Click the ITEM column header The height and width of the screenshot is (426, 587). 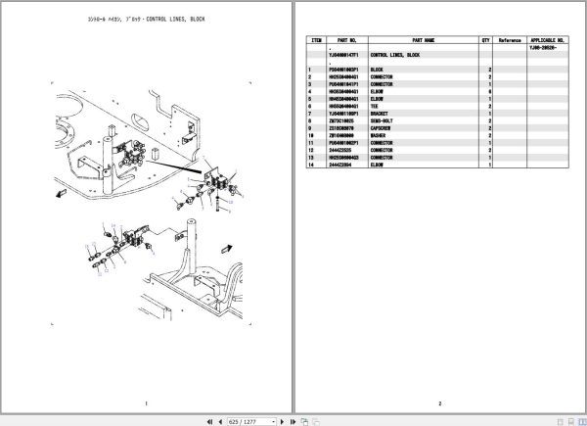(x=316, y=40)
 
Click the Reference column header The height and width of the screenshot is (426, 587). (x=510, y=40)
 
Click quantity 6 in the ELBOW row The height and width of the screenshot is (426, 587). (x=489, y=90)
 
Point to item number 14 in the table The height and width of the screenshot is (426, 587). (x=310, y=163)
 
